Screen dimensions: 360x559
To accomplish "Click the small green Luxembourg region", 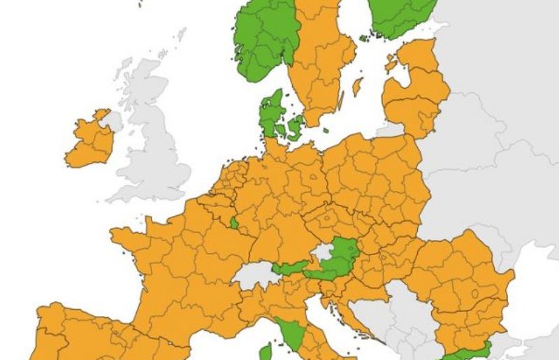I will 233,223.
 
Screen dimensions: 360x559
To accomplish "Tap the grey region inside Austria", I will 321,251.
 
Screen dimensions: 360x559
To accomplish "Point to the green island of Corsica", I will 266,352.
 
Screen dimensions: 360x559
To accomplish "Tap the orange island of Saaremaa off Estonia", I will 391,65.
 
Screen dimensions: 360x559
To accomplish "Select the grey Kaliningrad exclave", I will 391,129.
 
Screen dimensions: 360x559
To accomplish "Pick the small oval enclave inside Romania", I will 474,294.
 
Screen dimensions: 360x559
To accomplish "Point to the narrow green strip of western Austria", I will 290,266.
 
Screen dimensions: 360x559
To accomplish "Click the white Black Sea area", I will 535,308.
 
